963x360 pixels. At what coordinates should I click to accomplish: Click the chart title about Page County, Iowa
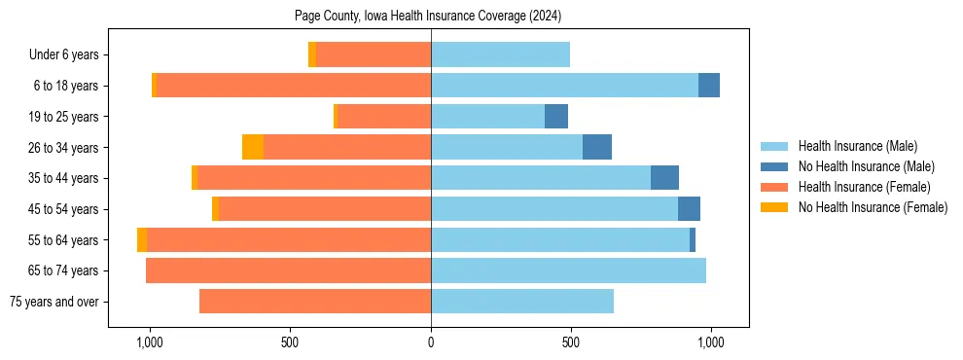428,16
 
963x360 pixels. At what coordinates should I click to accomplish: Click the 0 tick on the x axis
431,342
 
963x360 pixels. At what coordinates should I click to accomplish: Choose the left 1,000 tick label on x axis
150,342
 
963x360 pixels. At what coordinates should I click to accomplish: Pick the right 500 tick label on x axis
571,342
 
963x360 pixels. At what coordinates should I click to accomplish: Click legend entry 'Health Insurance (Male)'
857,146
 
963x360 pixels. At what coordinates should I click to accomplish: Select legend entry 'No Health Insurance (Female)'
873,207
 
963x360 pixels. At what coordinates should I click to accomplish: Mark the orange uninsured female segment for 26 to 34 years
253,147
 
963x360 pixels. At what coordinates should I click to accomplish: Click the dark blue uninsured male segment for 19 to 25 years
556,117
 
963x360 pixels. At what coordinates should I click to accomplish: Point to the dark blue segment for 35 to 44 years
664,178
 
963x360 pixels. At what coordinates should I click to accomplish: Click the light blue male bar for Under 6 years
500,55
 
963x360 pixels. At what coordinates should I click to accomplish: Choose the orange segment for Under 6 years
312,55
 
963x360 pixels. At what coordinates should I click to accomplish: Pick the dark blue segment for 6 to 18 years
709,86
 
